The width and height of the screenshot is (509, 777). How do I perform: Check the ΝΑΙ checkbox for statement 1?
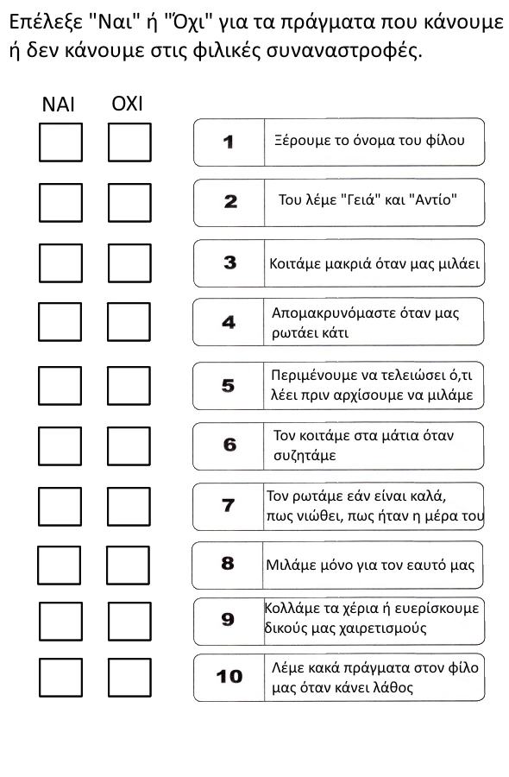[x=60, y=142]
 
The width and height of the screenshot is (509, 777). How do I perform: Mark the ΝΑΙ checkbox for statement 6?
[x=60, y=445]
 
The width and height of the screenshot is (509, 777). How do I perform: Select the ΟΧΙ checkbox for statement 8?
[x=128, y=565]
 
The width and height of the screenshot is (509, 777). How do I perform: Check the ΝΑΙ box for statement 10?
[x=60, y=677]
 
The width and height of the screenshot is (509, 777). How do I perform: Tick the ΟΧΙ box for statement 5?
[x=129, y=386]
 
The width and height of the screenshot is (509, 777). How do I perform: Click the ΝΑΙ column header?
[x=58, y=104]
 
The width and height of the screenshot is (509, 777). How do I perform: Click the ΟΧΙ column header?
[x=128, y=104]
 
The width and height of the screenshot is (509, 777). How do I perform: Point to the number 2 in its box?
[x=230, y=202]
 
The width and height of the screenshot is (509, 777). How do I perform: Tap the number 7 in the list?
[x=229, y=505]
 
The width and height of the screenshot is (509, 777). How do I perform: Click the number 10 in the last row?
[x=229, y=677]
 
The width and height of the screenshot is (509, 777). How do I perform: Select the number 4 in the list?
[x=229, y=323]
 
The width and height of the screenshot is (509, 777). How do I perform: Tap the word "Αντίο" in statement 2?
[x=431, y=199]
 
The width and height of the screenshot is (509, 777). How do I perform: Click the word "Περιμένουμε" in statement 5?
[x=311, y=376]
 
